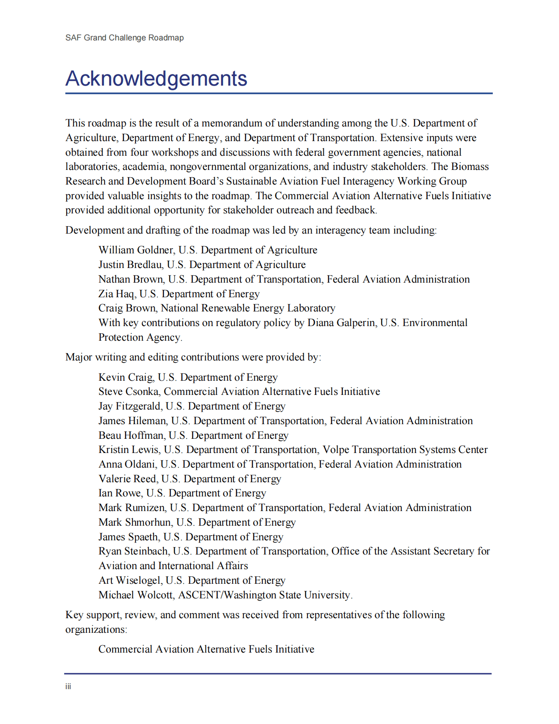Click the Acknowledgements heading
click(x=156, y=79)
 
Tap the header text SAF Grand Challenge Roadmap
click(x=124, y=38)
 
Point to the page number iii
click(x=68, y=686)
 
